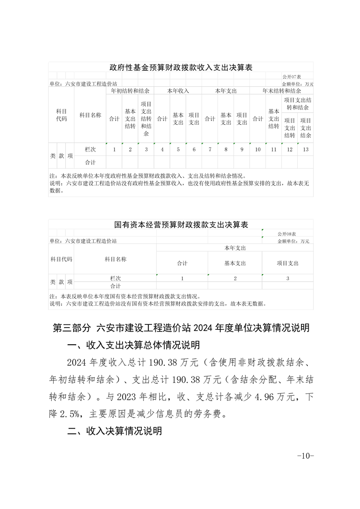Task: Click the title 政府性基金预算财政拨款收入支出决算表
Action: (181, 68)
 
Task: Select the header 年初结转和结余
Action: (130, 91)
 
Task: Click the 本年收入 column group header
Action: (178, 91)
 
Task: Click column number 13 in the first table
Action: (305, 149)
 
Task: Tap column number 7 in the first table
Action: (210, 149)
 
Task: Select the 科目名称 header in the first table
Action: (90, 115)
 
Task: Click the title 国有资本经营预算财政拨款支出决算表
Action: (181, 225)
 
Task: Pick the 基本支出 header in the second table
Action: (235, 263)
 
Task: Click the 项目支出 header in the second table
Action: (288, 263)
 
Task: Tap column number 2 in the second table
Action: (235, 279)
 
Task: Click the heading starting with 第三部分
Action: (181, 328)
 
